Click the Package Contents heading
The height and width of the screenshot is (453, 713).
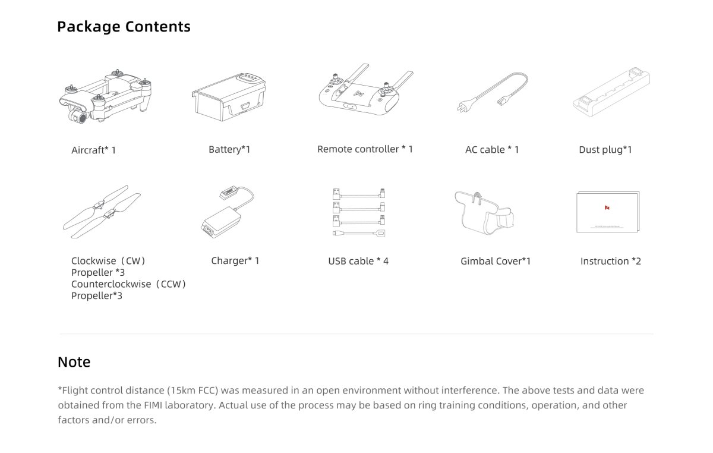tap(124, 27)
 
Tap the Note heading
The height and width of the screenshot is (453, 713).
tap(74, 362)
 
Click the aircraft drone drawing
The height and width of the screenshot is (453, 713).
tap(105, 96)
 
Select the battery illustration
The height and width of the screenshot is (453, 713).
tap(229, 97)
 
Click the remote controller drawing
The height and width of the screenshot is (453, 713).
tap(366, 90)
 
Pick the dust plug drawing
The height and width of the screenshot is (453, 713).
tap(611, 92)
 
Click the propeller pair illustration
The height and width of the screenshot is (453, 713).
tap(102, 212)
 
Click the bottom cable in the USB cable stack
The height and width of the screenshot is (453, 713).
tap(359, 234)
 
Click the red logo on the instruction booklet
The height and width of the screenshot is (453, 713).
tap(607, 207)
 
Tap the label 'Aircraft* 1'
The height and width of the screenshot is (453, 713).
tap(94, 150)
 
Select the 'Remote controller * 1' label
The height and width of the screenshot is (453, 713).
tap(365, 149)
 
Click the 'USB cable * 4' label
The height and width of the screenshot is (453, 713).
tap(358, 261)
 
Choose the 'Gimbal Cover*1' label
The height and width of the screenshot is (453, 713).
tap(496, 261)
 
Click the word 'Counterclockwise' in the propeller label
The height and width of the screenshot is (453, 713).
tap(111, 284)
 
